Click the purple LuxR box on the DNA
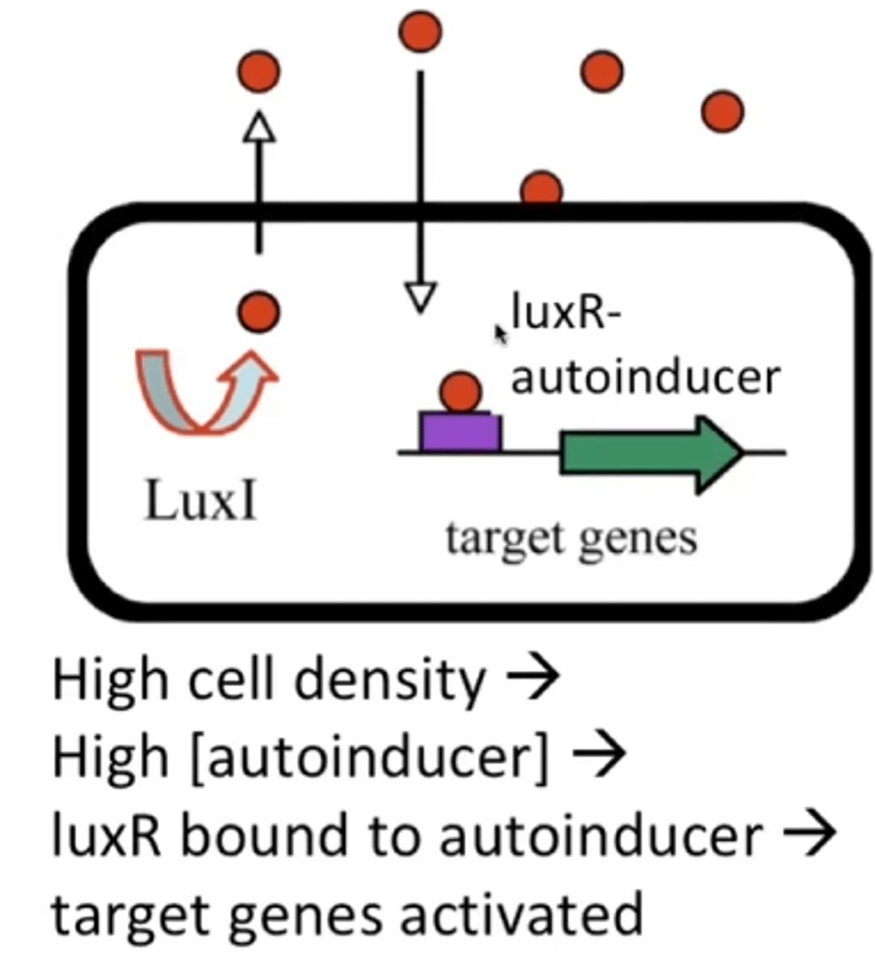coord(460,432)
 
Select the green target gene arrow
coord(648,454)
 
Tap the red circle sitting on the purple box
coord(461,392)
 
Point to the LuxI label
coord(201,501)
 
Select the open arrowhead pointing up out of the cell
coord(259,128)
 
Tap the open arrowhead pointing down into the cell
coord(420,297)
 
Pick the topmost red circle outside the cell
coord(420,32)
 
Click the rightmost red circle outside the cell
coord(722,112)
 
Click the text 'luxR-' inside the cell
coord(565,313)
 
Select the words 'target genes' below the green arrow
coord(571,538)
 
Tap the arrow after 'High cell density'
coord(532,679)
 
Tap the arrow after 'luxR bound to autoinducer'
coord(808,834)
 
